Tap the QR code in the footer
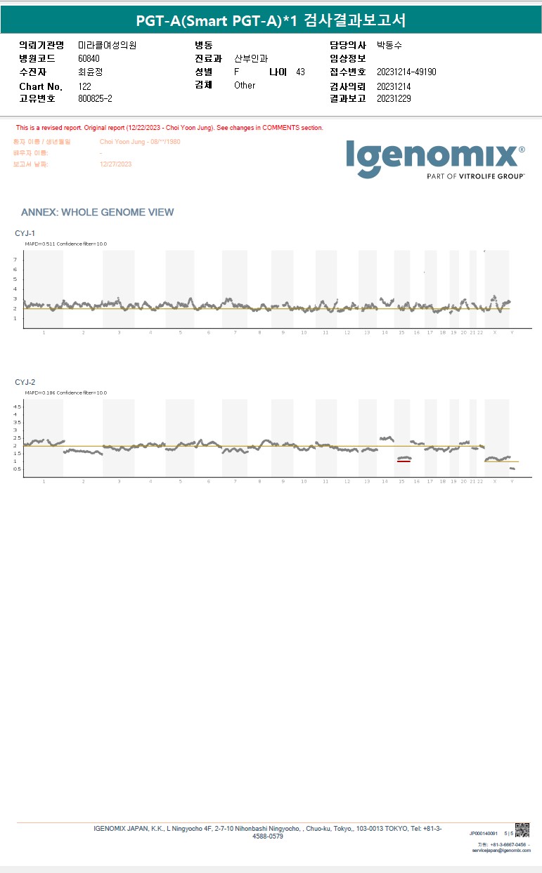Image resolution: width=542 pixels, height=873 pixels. pos(522,829)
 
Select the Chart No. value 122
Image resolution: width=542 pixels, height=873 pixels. pos(84,86)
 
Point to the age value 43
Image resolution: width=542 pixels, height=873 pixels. pos(300,72)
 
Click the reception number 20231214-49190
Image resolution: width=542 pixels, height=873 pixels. pos(406,72)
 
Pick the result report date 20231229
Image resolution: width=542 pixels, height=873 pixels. pos(394,99)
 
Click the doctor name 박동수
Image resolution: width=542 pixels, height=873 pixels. pos(389,45)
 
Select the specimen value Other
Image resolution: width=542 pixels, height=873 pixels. pos(245,85)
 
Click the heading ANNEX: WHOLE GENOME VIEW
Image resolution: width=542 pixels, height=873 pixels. pos(97,212)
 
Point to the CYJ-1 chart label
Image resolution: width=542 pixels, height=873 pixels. pos(25,232)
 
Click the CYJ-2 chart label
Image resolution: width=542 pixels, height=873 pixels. pos(25,382)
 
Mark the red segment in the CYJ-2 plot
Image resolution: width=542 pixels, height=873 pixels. pos(404,461)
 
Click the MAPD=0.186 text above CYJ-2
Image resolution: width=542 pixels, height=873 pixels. pos(39,393)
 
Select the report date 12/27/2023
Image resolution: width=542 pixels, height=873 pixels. pos(116,164)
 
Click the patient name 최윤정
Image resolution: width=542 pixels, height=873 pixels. pos(90,72)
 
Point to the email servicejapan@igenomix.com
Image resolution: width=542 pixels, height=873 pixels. pos(501,851)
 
